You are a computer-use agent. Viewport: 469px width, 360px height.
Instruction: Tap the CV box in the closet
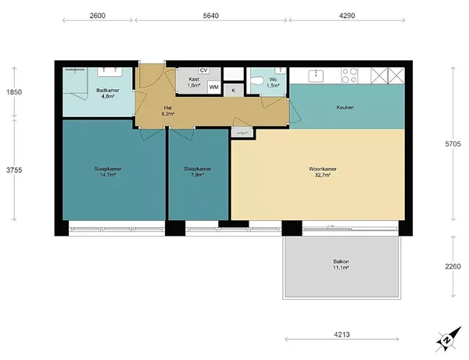[x=204, y=70]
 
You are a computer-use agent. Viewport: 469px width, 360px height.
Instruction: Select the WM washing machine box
[x=214, y=87]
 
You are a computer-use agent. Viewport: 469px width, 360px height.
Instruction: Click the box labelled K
[x=233, y=91]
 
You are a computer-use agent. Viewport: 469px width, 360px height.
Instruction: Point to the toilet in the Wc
[x=257, y=80]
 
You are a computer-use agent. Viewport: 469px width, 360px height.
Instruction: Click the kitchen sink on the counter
[x=316, y=76]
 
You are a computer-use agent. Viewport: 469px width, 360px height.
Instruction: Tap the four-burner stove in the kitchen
[x=349, y=76]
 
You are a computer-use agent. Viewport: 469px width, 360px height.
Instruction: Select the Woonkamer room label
[x=323, y=169]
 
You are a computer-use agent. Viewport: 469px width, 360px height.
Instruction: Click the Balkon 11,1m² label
[x=341, y=265]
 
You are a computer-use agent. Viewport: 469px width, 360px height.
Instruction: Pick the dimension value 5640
[x=211, y=16]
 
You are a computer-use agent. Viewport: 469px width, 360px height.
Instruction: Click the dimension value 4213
[x=342, y=334]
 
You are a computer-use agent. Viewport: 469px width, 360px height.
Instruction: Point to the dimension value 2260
[x=453, y=266]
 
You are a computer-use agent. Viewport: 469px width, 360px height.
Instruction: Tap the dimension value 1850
[x=14, y=92]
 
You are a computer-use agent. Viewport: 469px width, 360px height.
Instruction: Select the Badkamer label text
[x=108, y=91]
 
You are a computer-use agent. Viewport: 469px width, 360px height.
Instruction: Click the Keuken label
[x=345, y=107]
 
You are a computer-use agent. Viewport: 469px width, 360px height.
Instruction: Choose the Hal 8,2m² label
[x=168, y=111]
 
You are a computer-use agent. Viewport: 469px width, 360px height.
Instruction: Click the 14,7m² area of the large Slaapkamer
[x=108, y=175]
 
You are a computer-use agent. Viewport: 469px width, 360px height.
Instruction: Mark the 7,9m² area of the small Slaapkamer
[x=198, y=175]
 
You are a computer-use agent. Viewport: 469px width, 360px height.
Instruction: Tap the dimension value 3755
[x=14, y=170]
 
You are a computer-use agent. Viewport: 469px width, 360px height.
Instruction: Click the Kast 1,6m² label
[x=194, y=82]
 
